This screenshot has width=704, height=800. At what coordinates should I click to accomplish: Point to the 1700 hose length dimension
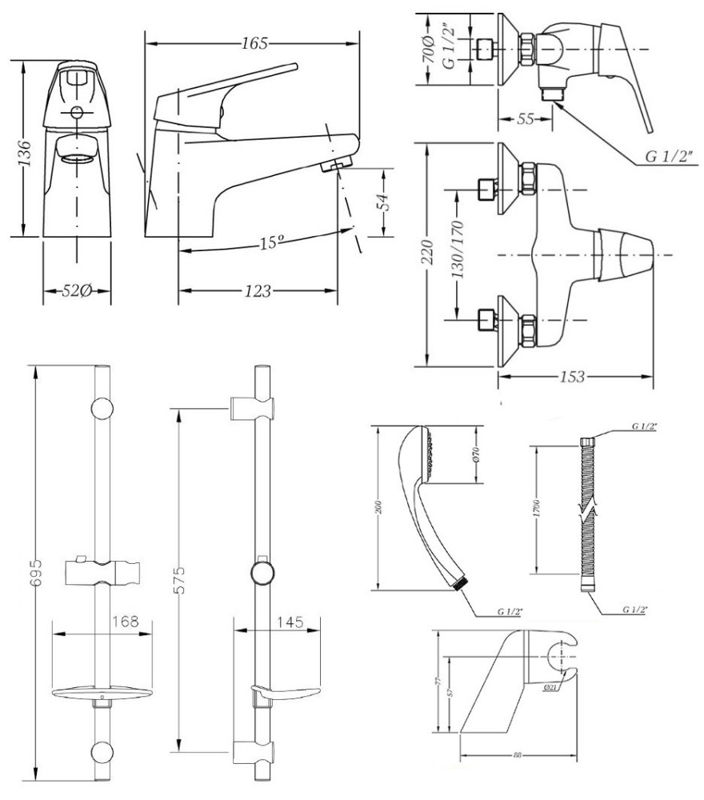539,507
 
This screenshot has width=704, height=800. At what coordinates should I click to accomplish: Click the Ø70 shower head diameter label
474,454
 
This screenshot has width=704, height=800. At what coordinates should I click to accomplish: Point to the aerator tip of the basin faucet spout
335,165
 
